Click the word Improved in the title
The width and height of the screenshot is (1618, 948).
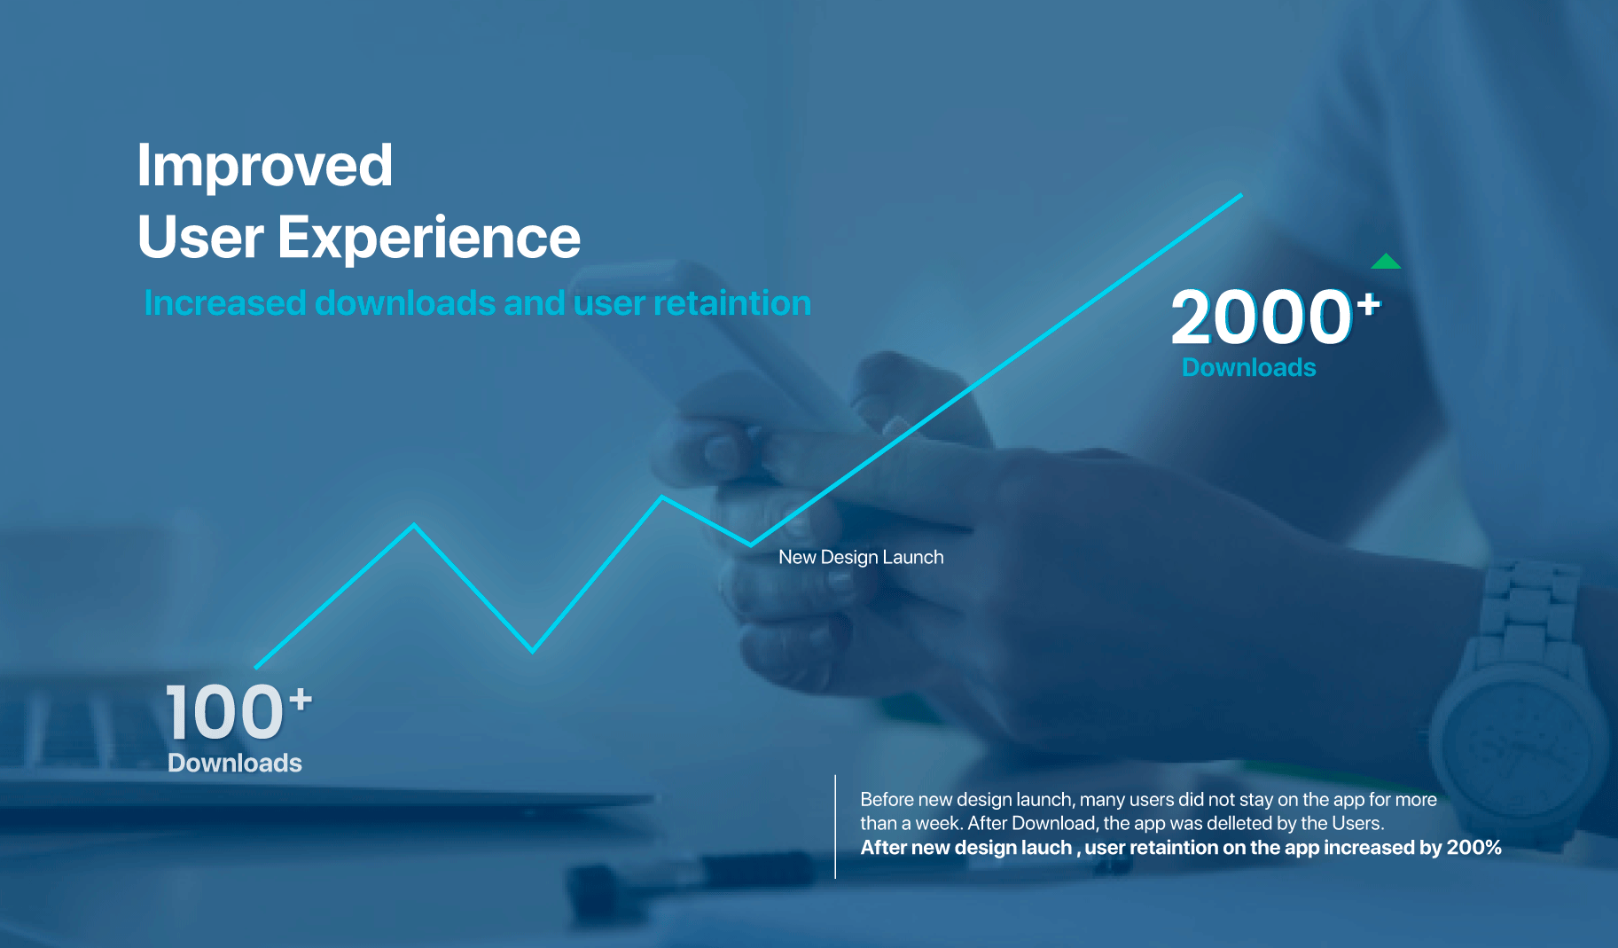pos(264,167)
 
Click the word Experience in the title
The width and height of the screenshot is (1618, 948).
pos(429,238)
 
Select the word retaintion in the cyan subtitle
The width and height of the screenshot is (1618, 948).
pos(731,303)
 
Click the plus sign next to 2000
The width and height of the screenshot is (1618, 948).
pos(1368,304)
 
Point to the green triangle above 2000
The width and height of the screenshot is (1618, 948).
pos(1386,261)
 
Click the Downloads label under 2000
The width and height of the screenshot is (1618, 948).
pos(1248,367)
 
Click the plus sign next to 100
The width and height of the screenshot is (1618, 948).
pos(301,700)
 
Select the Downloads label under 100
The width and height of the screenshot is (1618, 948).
pos(235,763)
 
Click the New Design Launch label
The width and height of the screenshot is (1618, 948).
pos(861,557)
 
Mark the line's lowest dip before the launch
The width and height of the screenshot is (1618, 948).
pos(533,652)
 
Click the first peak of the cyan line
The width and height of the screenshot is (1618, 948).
pos(414,525)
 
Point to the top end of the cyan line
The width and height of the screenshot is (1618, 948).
pos(1241,194)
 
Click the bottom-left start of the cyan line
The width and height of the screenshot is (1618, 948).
pos(255,667)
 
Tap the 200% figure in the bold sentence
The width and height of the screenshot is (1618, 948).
pos(1473,847)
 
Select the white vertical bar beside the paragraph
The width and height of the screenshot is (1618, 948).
pos(835,827)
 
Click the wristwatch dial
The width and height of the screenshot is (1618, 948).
pos(1518,745)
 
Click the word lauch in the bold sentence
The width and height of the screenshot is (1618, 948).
pos(1046,847)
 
